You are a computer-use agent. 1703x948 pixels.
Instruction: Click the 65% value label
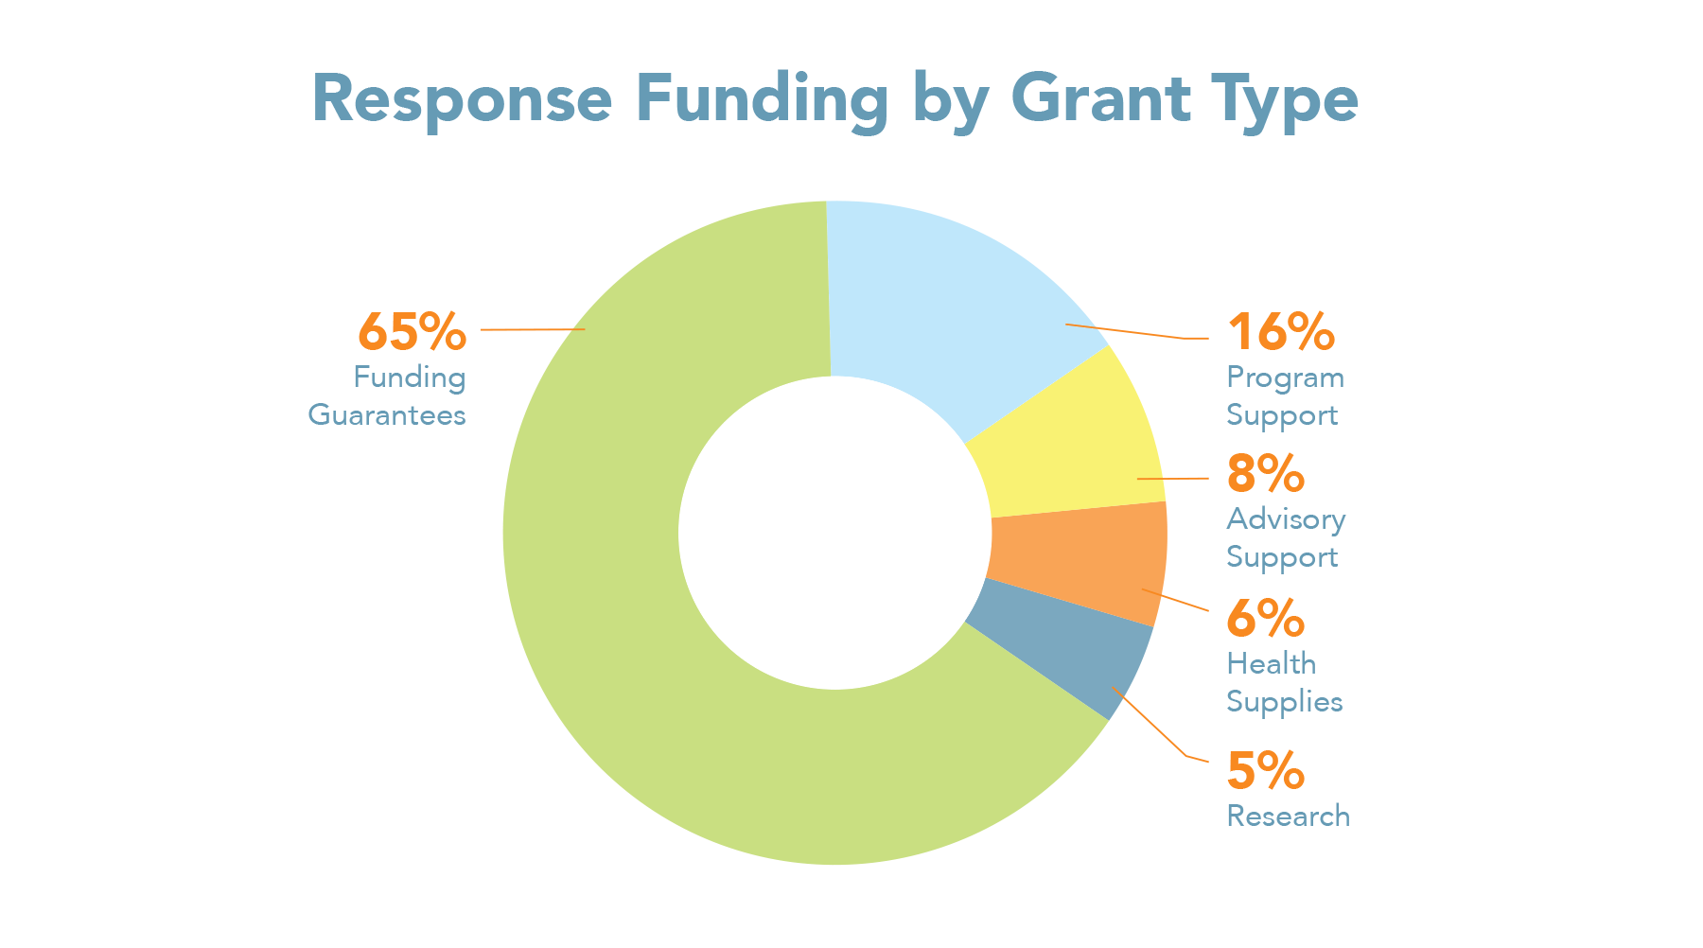pyautogui.click(x=412, y=331)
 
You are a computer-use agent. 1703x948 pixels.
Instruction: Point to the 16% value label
pyautogui.click(x=1280, y=332)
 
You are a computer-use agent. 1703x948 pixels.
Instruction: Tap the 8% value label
pyautogui.click(x=1265, y=473)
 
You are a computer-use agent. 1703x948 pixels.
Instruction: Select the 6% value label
pyautogui.click(x=1265, y=619)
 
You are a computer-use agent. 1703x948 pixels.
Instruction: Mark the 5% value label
pyautogui.click(x=1265, y=770)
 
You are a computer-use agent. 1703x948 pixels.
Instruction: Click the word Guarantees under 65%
pyautogui.click(x=387, y=415)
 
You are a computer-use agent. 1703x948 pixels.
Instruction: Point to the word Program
pyautogui.click(x=1285, y=377)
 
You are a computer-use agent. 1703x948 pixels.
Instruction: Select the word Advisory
pyautogui.click(x=1286, y=519)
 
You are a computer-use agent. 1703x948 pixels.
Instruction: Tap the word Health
pyautogui.click(x=1271, y=663)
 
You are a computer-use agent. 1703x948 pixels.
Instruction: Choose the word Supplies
pyautogui.click(x=1284, y=702)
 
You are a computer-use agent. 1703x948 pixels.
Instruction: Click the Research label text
pyautogui.click(x=1288, y=816)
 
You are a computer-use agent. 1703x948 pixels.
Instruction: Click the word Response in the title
pyautogui.click(x=462, y=98)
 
